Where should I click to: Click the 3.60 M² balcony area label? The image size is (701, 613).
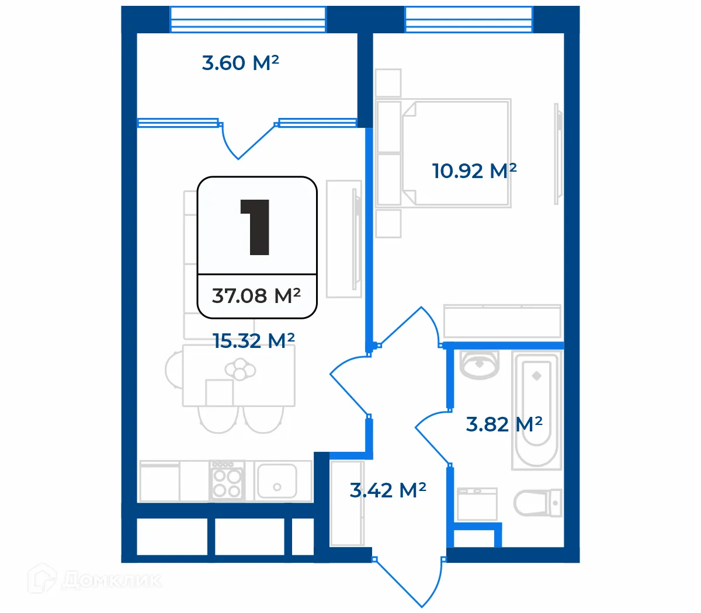click(x=240, y=62)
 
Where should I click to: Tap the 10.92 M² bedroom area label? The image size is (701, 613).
click(x=474, y=171)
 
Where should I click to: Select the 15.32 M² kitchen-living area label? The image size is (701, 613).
click(x=254, y=340)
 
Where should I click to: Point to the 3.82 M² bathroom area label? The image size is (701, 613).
click(x=504, y=424)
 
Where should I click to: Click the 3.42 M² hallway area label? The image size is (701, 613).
click(x=387, y=490)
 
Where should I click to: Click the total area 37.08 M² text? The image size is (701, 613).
click(x=256, y=296)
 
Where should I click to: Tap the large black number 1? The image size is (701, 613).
click(x=255, y=227)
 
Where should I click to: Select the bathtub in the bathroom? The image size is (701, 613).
click(x=536, y=409)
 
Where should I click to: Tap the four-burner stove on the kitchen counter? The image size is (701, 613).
click(x=226, y=480)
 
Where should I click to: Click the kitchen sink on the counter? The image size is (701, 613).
click(x=276, y=480)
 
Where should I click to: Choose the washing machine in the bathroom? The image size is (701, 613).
click(x=477, y=504)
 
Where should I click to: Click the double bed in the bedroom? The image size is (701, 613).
click(x=456, y=153)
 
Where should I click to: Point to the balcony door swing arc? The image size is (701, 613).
click(x=245, y=143)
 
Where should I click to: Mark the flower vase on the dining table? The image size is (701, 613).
click(x=240, y=370)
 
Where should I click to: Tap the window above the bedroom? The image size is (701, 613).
click(x=469, y=19)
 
